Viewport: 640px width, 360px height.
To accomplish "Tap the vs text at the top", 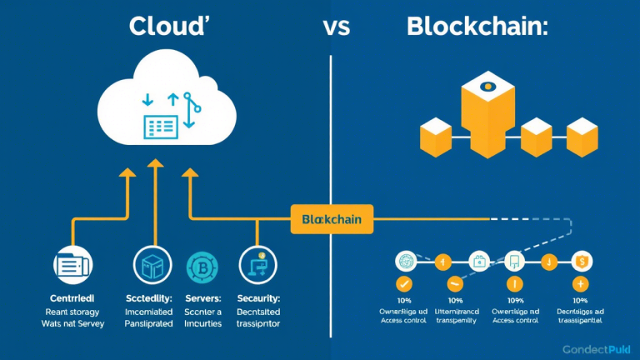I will point(337,27).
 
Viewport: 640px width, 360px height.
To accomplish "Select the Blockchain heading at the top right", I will point(477,26).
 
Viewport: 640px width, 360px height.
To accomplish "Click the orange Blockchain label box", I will point(332,218).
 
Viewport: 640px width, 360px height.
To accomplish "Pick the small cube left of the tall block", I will point(436,137).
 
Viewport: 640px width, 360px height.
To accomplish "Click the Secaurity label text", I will point(258,298).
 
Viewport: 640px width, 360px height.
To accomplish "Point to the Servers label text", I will point(202,298).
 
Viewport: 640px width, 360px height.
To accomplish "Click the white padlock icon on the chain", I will point(479,261).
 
